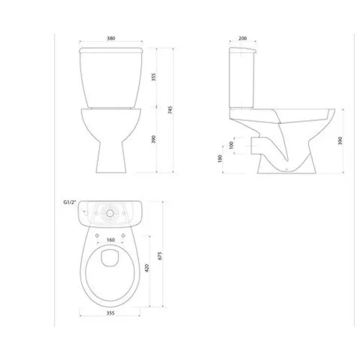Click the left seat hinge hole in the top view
pyautogui.click(x=96, y=233)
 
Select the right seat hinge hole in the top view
pyautogui.click(x=127, y=233)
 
